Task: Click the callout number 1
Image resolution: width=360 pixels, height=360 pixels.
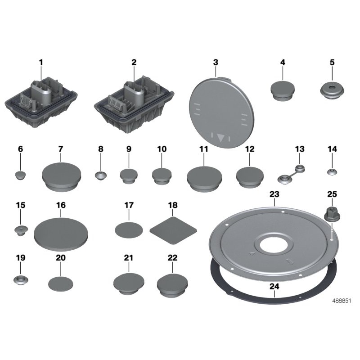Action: tap(41, 63)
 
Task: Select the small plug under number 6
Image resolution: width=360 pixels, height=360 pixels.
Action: tap(20, 175)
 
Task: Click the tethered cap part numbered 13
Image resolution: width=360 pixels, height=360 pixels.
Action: tap(291, 175)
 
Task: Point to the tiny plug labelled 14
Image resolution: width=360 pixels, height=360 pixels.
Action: tap(332, 172)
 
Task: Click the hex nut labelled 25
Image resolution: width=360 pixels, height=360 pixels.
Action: tap(332, 214)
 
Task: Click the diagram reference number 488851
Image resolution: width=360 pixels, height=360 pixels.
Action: tap(342, 301)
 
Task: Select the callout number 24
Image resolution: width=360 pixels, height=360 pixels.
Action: tap(274, 287)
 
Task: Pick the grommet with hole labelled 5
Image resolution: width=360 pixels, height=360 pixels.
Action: tap(332, 90)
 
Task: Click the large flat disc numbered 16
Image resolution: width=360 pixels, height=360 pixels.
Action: tap(61, 234)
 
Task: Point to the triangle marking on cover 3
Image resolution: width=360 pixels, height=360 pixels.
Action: tap(221, 138)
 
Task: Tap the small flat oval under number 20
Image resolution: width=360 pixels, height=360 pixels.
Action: tap(61, 284)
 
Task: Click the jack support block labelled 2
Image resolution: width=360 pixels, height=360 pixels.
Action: tap(134, 104)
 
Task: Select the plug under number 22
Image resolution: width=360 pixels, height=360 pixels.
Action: tap(172, 286)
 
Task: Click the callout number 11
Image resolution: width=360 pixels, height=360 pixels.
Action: tap(204, 149)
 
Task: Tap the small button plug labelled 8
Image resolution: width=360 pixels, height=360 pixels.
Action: tap(101, 176)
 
